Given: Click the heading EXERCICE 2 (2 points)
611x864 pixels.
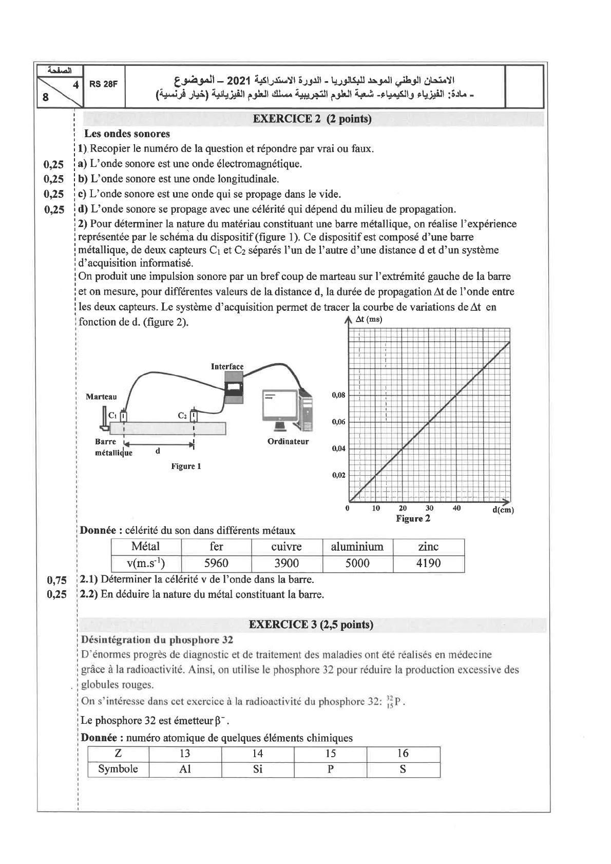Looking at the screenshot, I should (312, 119).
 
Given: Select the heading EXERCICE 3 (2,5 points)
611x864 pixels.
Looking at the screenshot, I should (311, 625).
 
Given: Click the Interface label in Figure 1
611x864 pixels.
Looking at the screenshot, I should (227, 366).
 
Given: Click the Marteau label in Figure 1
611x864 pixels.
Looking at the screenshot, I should (101, 397).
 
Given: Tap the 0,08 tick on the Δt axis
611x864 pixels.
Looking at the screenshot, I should (338, 396).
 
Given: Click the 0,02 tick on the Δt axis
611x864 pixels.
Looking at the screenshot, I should (338, 475).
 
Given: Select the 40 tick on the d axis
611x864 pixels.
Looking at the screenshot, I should (456, 508).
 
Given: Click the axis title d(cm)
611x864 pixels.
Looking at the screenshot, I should (503, 510).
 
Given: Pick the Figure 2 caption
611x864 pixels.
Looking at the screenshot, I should (413, 518).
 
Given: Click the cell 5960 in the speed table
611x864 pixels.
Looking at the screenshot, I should (216, 563).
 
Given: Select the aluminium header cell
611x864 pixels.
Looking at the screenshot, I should (357, 547).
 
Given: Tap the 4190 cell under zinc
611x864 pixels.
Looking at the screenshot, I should (428, 563).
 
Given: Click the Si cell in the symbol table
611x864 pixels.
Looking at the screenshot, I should (258, 769).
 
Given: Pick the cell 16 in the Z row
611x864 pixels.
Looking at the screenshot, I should (403, 754).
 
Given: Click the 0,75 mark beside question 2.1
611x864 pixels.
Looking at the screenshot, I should (56, 580).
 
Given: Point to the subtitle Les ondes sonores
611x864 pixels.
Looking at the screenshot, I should (127, 134).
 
